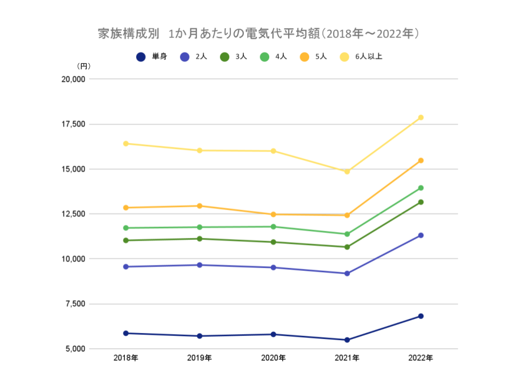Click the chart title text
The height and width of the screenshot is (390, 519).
tap(259, 34)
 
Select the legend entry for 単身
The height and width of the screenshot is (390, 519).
tap(153, 56)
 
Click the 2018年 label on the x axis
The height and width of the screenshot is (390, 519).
tap(126, 359)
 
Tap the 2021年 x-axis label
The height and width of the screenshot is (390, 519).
tap(347, 359)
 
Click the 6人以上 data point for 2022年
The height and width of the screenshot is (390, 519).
tap(421, 118)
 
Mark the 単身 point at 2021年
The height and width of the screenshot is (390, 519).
tap(347, 340)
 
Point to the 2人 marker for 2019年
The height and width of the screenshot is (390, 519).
tap(199, 265)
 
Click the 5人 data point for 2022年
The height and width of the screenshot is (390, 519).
tap(421, 160)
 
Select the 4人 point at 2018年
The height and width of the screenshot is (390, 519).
tap(126, 228)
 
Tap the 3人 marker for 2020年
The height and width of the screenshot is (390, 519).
tap(274, 242)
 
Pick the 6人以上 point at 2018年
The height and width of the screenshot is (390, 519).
tap(126, 144)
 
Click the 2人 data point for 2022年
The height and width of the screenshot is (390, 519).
tap(421, 235)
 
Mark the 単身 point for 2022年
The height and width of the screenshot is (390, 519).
tap(421, 316)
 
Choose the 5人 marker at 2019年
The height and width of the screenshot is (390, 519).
tap(199, 206)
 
